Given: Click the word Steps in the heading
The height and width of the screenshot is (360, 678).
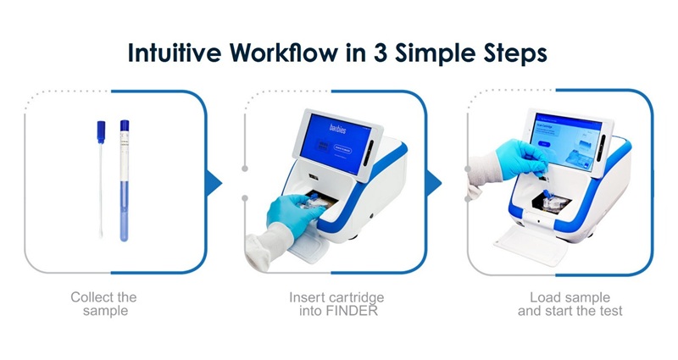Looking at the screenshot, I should click(509, 53).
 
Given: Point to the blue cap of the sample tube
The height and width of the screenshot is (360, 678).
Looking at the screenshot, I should click(125, 127).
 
